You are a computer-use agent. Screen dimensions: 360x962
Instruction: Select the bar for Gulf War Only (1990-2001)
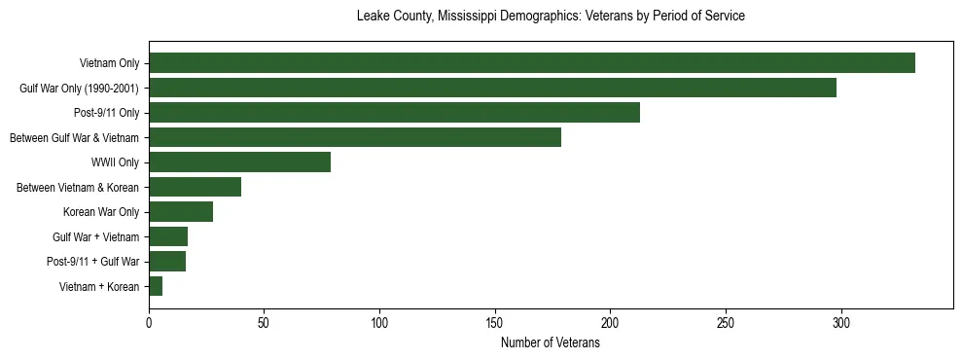(x=492, y=88)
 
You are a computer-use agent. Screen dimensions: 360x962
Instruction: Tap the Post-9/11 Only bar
(x=394, y=113)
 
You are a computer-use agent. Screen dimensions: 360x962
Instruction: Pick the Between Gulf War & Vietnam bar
(x=355, y=137)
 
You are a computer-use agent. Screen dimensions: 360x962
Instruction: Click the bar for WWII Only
(x=239, y=162)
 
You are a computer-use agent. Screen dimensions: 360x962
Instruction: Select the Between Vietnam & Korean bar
(x=195, y=187)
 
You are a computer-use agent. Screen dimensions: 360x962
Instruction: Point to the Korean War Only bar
(x=181, y=212)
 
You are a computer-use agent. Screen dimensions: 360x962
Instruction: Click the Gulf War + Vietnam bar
(x=168, y=236)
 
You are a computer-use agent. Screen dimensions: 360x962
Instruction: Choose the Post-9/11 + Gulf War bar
(x=167, y=261)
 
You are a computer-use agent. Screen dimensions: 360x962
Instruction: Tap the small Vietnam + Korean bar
(x=156, y=286)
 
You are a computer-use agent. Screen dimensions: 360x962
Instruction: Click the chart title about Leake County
(x=551, y=17)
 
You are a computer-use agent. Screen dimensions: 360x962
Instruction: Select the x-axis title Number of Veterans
(x=551, y=343)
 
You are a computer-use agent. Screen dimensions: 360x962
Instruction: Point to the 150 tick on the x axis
(x=495, y=323)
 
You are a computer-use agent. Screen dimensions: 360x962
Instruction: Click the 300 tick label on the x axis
(x=841, y=323)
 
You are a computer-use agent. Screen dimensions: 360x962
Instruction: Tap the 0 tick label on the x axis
(x=149, y=323)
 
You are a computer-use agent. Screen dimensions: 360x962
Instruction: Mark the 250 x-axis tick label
(x=726, y=323)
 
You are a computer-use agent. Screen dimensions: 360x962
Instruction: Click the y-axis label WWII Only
(x=115, y=162)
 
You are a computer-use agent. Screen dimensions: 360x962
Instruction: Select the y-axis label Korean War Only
(x=101, y=212)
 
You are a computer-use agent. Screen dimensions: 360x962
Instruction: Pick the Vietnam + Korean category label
(x=99, y=286)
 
